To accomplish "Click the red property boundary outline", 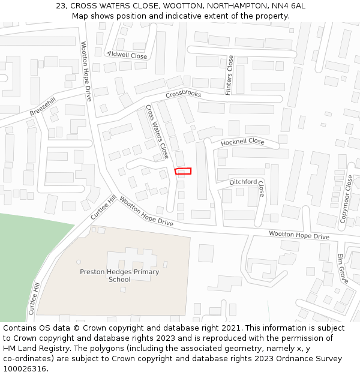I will [183, 171].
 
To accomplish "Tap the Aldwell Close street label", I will [127, 55].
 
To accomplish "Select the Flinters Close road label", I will [229, 75].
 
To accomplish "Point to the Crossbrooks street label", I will [183, 94].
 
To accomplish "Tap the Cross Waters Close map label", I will [157, 132].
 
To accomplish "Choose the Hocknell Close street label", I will [242, 142].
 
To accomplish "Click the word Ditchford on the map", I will [243, 182].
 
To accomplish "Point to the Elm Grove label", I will [342, 268].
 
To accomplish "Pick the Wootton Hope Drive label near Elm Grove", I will [299, 236].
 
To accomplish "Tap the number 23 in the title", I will [61, 5].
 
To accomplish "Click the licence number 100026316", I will [24, 368].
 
